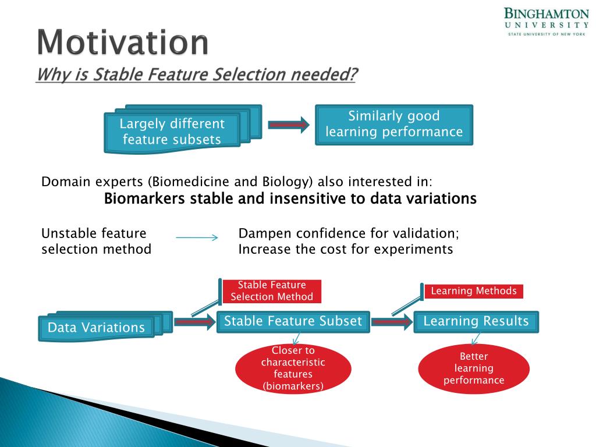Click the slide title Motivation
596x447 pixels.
click(x=123, y=42)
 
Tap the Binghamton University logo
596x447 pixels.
click(x=547, y=22)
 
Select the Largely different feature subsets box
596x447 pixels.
click(x=183, y=129)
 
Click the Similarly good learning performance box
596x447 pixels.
click(x=394, y=125)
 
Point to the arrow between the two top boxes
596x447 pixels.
click(x=289, y=125)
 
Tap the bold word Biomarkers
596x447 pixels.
click(x=144, y=198)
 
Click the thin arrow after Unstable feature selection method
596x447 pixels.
click(x=197, y=237)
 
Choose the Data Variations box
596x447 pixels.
click(x=106, y=326)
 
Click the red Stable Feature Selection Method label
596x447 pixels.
click(x=272, y=291)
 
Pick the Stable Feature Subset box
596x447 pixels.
click(x=293, y=321)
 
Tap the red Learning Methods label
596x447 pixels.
click(x=474, y=291)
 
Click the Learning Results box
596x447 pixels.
click(x=476, y=321)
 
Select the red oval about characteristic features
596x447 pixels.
click(x=293, y=368)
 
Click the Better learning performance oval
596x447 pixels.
click(x=474, y=368)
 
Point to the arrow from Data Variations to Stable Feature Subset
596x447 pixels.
click(x=194, y=322)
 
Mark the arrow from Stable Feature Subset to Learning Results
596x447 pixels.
click(x=392, y=322)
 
